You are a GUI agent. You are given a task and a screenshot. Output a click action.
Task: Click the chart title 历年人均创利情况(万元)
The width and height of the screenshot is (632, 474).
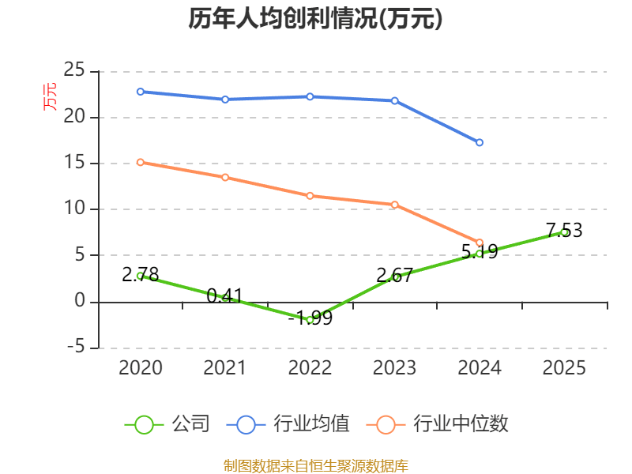315,19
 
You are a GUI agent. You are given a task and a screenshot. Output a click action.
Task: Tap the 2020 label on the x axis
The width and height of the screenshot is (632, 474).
140,368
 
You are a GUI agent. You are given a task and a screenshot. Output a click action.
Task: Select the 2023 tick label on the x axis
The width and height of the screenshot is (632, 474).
394,368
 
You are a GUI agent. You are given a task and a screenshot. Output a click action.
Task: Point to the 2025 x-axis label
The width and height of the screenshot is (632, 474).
564,368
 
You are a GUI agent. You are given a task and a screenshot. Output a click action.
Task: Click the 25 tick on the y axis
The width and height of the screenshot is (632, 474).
74,71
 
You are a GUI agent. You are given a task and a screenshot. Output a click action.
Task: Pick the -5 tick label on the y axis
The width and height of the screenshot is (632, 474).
74,348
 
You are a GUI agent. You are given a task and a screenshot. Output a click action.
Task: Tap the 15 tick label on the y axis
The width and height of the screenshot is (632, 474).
74,164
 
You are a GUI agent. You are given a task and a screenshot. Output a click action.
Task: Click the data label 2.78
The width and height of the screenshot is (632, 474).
141,275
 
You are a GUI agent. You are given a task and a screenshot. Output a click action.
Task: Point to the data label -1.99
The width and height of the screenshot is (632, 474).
310,318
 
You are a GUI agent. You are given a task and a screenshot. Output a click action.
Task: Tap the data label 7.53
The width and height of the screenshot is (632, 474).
564,231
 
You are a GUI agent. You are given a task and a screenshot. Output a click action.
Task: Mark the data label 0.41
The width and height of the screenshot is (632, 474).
224,296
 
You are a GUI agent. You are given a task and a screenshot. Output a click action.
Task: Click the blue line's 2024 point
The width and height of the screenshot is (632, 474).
480,142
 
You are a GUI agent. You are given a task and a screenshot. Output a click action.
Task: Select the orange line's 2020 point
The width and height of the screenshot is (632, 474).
140,162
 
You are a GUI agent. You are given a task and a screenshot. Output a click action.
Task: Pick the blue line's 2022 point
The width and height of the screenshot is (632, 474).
310,96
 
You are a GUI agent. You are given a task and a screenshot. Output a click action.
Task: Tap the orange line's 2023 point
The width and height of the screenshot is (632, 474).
395,205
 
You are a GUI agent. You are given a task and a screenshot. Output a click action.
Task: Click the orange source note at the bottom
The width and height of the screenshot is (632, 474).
315,465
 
